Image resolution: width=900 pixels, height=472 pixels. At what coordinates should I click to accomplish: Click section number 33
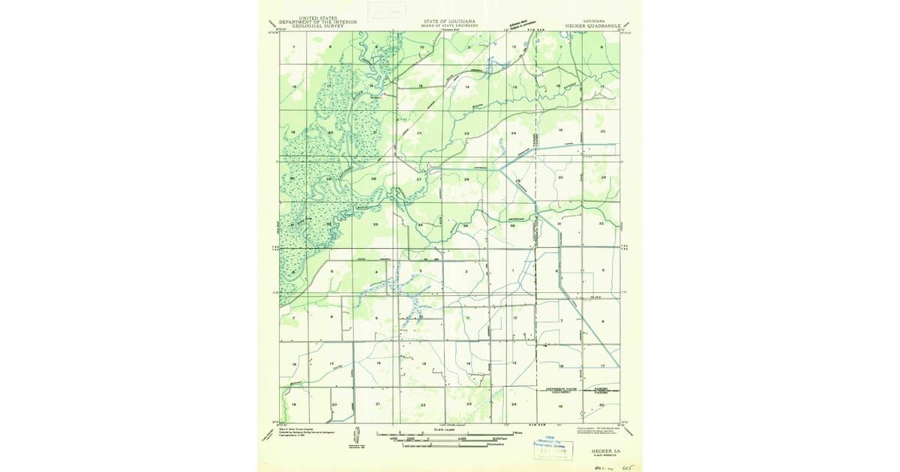[x=375, y=224]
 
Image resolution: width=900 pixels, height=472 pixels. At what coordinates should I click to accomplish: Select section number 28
[x=373, y=178]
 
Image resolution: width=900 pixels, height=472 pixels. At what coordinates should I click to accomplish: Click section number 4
[x=376, y=271]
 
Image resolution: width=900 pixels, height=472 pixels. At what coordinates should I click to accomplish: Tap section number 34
[x=421, y=225]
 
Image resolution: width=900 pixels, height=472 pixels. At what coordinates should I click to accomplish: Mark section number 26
[x=466, y=179]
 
